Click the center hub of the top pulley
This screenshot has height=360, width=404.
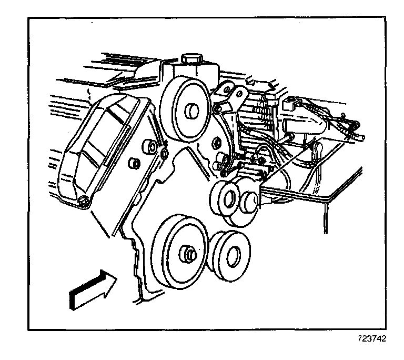pos(191,112)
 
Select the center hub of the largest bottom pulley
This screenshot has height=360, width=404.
pos(189,254)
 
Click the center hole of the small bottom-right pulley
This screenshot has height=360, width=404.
pos(230,254)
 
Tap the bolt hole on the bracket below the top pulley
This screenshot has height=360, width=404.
pos(216,143)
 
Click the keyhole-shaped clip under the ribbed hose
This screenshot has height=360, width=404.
pos(318,149)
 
